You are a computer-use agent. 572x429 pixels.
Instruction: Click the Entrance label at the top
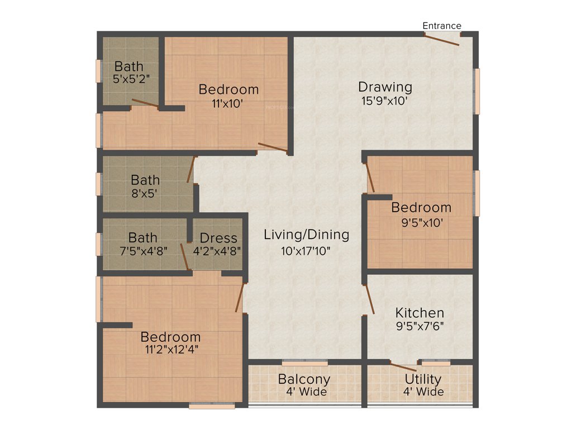tap(441, 26)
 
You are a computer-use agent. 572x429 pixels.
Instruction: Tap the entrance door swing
tap(442, 39)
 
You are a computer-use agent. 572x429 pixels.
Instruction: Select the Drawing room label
tap(385, 87)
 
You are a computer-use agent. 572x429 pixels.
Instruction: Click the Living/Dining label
tap(306, 235)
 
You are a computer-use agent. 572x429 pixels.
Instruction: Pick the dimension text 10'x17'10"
tap(306, 250)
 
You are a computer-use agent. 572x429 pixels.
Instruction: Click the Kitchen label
tap(420, 312)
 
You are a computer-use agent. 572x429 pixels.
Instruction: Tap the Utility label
tap(423, 379)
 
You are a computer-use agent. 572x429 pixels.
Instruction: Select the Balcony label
tap(304, 379)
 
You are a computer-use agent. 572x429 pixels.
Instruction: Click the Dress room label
tap(218, 238)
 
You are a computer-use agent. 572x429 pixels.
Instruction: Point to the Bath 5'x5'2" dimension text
tap(131, 79)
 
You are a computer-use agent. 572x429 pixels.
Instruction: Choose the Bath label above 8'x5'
tap(145, 180)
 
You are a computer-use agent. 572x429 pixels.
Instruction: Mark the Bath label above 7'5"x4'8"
tap(142, 238)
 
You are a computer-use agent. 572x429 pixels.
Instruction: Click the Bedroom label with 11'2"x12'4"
tap(170, 337)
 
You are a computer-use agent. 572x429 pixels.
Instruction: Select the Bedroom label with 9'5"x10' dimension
tap(421, 207)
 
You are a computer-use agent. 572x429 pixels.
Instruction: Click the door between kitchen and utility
tap(403, 367)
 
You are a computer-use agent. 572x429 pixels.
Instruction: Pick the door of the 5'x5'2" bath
tap(145, 102)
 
